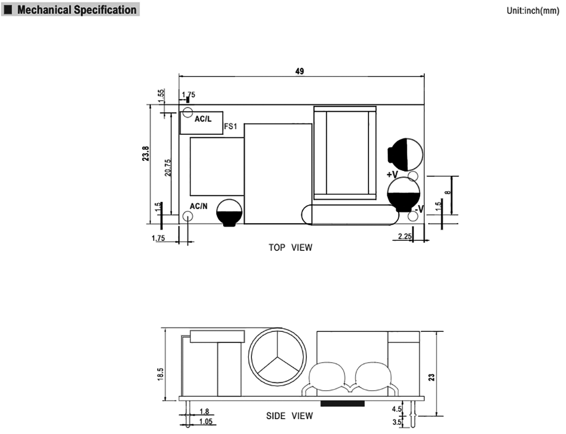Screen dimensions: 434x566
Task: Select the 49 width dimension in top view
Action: [x=300, y=71]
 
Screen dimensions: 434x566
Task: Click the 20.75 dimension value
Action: [x=168, y=167]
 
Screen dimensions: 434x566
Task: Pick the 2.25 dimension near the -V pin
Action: [x=404, y=236]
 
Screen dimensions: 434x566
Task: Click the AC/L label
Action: [x=203, y=119]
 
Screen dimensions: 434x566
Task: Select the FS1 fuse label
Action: [x=231, y=127]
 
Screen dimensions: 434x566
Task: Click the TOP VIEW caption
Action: [x=290, y=248]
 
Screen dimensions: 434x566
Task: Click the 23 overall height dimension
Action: [x=432, y=376]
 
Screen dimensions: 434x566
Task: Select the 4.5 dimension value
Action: [x=397, y=410]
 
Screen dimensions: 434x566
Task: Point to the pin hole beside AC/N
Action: [x=187, y=216]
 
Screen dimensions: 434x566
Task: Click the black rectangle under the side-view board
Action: [x=343, y=403]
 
